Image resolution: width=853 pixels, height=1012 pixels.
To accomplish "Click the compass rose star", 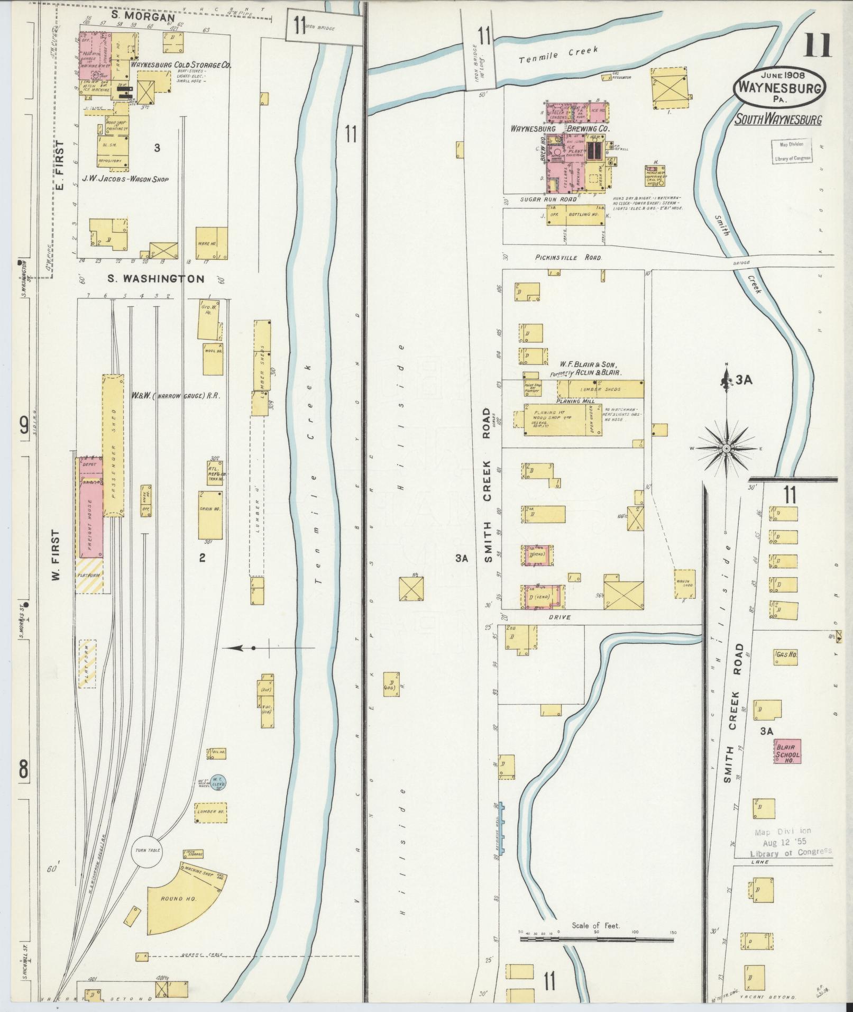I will coord(727,448).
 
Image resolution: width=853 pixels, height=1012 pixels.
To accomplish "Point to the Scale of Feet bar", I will coord(597,940).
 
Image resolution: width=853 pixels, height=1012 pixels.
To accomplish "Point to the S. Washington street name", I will coord(155,279).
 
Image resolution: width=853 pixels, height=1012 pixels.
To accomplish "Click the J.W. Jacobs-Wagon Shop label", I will coord(125,179).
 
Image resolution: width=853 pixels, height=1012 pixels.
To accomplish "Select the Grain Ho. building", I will coord(210,514).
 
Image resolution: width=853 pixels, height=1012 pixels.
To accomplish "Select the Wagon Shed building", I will coord(684,584).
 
